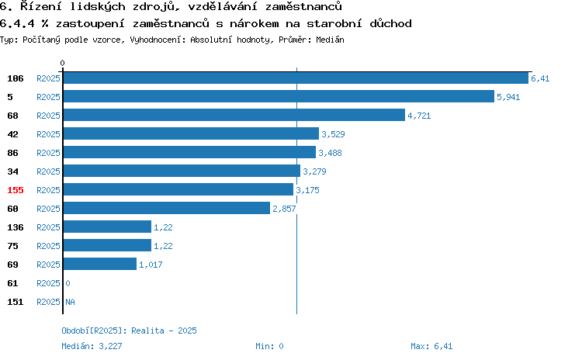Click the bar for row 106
296,78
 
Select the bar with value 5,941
279,96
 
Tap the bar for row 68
234,115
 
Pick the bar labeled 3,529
191,133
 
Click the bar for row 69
100,264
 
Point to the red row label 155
16,190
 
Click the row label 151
16,302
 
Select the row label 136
16,227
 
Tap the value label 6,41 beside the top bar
540,78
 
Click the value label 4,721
419,116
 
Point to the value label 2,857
284,209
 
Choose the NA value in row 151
70,302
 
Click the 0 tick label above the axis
62,63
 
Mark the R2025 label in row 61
48,283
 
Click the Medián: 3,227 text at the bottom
92,346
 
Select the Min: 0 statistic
269,346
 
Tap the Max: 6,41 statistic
431,346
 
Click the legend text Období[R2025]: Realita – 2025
129,331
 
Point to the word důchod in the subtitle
390,23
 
